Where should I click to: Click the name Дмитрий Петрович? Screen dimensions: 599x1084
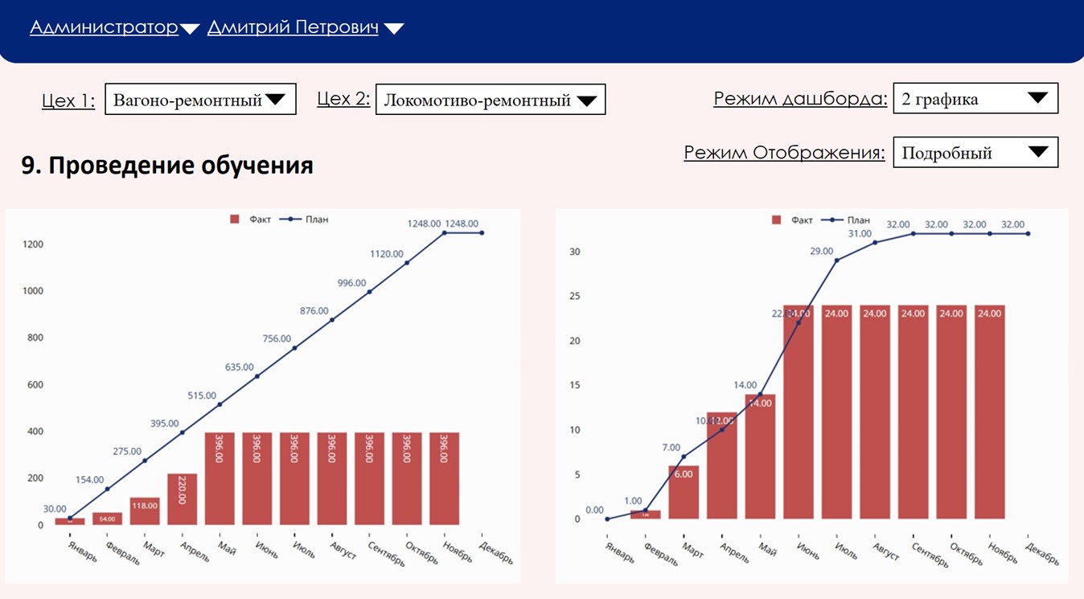(293, 28)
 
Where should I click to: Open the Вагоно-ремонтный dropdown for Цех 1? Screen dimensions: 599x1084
(200, 100)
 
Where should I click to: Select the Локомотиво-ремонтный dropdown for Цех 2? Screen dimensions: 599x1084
(490, 100)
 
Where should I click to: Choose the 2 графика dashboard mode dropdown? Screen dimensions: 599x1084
(975, 99)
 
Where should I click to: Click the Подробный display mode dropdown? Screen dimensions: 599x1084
(975, 152)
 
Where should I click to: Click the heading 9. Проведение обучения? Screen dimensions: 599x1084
(167, 166)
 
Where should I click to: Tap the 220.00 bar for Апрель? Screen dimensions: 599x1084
(182, 499)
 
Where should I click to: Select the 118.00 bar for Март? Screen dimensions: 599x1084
(145, 511)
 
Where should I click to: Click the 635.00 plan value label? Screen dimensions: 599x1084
(240, 367)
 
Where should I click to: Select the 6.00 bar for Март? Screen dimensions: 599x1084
(684, 492)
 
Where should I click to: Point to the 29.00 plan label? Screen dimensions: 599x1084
(821, 252)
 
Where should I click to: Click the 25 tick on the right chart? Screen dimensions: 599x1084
(574, 296)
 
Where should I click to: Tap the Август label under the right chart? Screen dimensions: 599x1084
(885, 551)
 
